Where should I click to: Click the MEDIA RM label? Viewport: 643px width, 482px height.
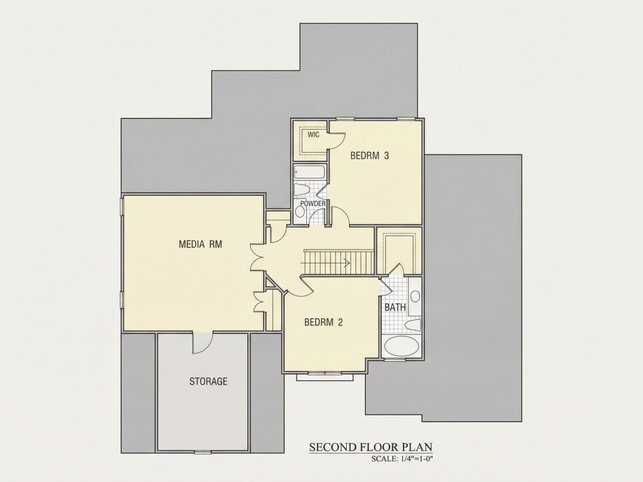[x=200, y=244]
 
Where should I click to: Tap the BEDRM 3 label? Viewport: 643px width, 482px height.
[x=369, y=156]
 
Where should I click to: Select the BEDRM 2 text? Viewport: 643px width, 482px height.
[x=323, y=322]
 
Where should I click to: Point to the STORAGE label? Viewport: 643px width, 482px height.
[x=208, y=382]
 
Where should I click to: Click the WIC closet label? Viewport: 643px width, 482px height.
[x=313, y=135]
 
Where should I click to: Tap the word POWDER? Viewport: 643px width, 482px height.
[x=313, y=204]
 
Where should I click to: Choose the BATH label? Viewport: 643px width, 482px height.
[x=395, y=307]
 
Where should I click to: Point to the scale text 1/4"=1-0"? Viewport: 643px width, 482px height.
[x=415, y=459]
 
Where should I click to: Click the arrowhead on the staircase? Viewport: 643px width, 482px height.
[x=347, y=263]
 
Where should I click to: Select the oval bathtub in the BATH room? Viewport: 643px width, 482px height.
[x=402, y=346]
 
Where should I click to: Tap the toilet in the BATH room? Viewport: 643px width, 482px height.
[x=413, y=325]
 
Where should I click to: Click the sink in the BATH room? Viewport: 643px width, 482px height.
[x=415, y=296]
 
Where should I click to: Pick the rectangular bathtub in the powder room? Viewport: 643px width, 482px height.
[x=310, y=172]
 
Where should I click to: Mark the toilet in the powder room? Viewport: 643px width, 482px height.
[x=302, y=190]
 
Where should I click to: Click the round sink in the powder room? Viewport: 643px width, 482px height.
[x=300, y=211]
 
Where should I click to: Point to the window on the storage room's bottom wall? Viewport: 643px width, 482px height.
[x=203, y=452]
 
